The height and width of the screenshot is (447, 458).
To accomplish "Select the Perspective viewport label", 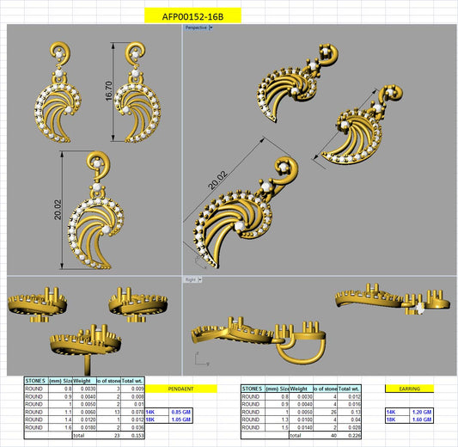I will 197,28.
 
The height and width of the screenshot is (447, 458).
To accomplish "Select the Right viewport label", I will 191,279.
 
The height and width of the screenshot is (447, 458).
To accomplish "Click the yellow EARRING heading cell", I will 409,389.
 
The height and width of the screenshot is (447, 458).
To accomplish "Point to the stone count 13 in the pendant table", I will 115,412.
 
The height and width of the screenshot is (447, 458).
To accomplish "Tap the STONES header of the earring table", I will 252,389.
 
